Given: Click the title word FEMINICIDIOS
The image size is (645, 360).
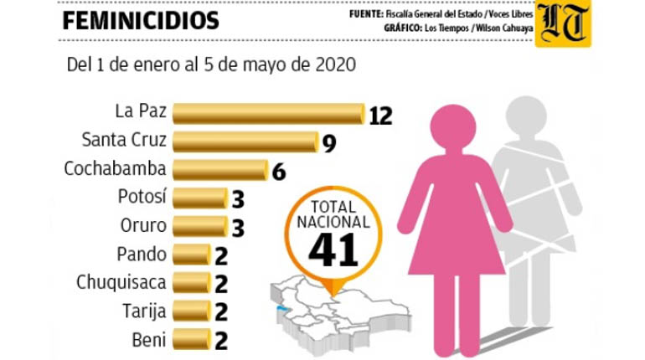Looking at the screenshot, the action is pos(141,21).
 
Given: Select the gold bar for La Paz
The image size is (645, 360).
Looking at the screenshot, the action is pos(269,114).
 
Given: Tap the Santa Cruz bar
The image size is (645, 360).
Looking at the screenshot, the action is pos(245,141).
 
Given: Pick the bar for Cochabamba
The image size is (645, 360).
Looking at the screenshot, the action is pos(220,170).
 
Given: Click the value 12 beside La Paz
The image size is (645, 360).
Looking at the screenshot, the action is pos(380,116).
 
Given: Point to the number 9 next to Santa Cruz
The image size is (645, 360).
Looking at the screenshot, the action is pos(329,143).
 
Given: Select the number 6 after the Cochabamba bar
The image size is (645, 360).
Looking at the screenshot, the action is pos(279,172).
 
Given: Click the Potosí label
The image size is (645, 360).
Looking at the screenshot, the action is pos(142,197).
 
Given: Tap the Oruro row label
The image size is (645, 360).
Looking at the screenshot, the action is pos(143,225).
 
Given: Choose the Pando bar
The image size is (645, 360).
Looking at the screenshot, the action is pos(192,255).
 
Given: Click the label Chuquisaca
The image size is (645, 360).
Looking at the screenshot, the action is pos(121,283).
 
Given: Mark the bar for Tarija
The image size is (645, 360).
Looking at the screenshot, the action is pos(192,311).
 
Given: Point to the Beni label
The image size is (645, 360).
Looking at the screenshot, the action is pos(149,340).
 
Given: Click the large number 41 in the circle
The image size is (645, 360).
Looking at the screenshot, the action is pos(333,249).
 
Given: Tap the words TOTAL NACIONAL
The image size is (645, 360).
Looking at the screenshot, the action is pos(333,214).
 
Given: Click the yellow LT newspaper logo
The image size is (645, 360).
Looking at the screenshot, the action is pos(563,23).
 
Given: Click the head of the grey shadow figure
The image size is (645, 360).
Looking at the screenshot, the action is pos(526,116).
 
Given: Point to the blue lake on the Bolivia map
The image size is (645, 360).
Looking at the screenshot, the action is pos(282,309).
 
